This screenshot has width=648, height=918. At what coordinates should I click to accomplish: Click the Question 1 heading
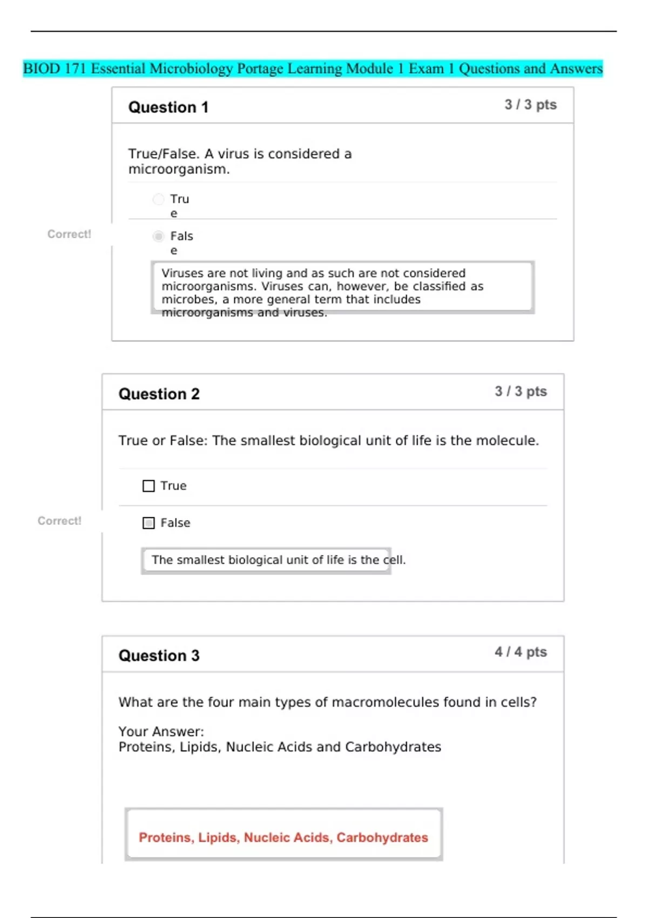(x=168, y=107)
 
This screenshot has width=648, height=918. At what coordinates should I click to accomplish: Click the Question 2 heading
(x=159, y=394)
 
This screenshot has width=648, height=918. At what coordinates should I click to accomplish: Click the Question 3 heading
(x=159, y=655)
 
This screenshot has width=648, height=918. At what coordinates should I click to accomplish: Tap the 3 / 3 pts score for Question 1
(x=530, y=105)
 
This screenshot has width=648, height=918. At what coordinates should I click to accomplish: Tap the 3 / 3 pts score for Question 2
(x=521, y=391)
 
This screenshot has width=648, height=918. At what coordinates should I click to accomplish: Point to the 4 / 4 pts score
(x=521, y=652)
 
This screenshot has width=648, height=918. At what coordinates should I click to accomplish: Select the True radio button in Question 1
(x=158, y=199)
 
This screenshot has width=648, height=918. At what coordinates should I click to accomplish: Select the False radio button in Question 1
(x=158, y=236)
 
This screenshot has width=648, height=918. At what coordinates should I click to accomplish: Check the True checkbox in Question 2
(x=148, y=486)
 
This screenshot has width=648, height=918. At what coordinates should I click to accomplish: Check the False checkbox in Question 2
(x=148, y=523)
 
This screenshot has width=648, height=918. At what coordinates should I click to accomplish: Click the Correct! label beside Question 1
(x=69, y=234)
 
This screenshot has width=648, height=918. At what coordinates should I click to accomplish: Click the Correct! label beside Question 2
(x=59, y=521)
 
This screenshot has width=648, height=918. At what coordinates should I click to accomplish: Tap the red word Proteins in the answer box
(x=165, y=838)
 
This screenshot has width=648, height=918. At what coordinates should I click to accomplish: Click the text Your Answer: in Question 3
(x=161, y=732)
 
